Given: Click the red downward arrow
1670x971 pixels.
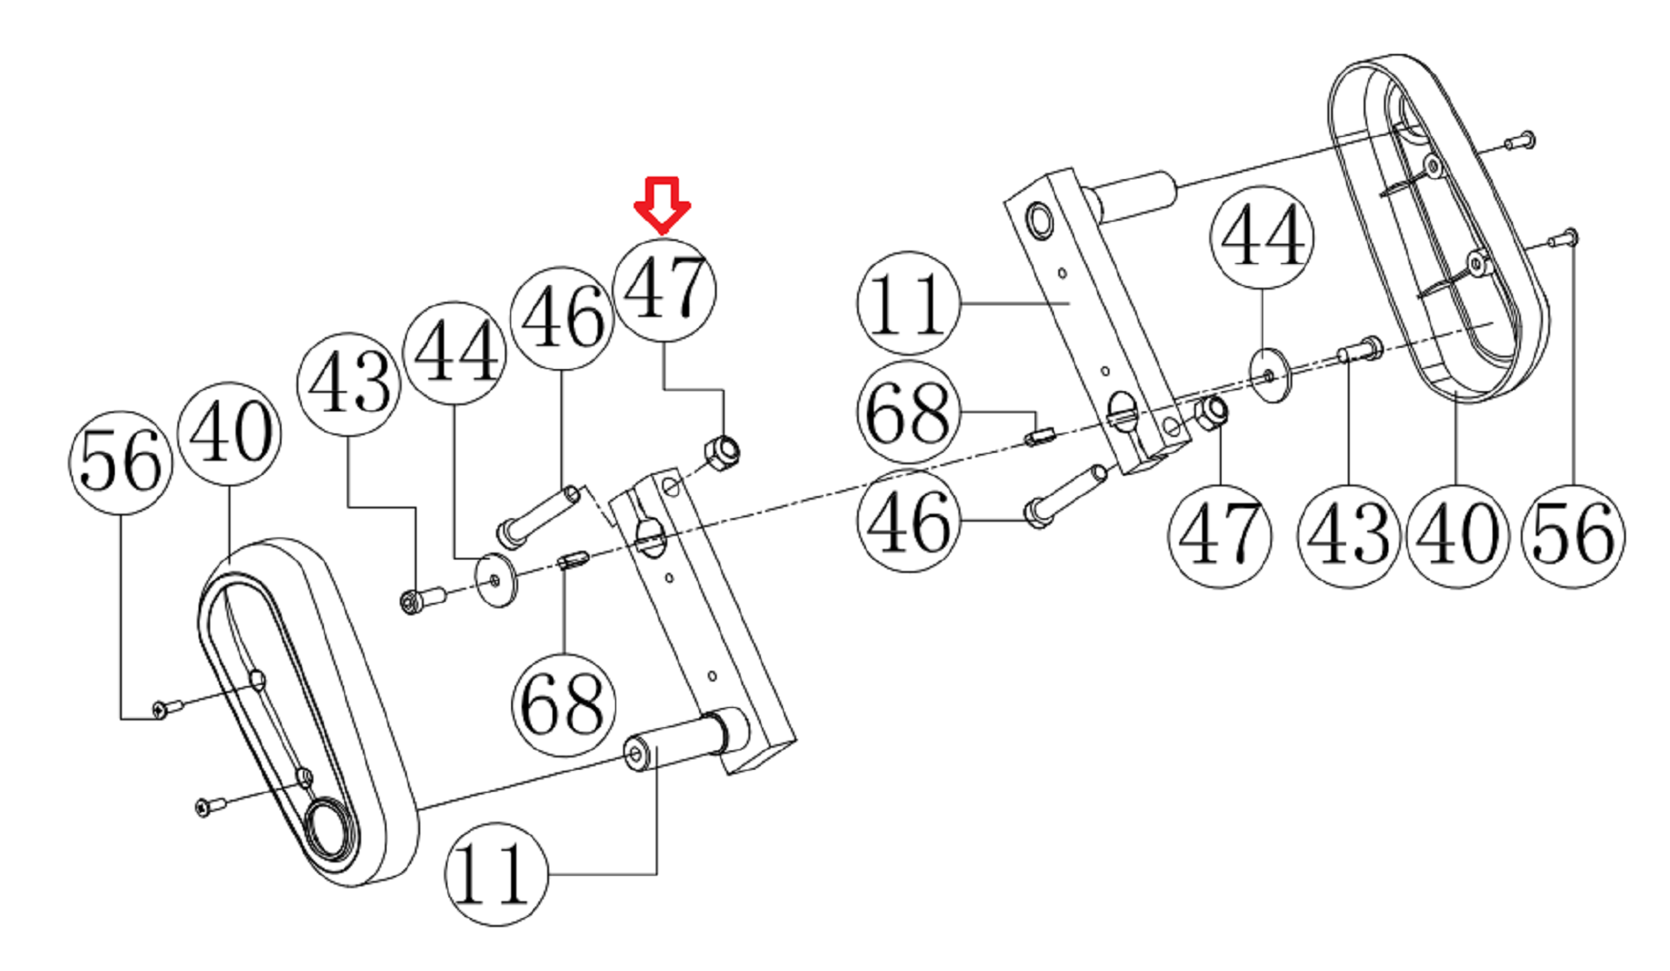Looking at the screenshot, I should click(662, 203).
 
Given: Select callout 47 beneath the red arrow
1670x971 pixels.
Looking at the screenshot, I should click(664, 290).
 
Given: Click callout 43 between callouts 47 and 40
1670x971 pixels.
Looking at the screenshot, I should click(1349, 535).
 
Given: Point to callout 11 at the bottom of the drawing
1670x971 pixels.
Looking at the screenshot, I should click(496, 874).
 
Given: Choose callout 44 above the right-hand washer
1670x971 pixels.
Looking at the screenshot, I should click(1261, 237).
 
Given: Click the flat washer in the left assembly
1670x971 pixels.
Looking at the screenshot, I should click(496, 580).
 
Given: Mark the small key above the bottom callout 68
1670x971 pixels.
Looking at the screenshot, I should click(574, 561).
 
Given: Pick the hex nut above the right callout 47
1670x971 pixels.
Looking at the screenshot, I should click(1211, 413).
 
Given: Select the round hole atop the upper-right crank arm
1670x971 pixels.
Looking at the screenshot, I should click(1039, 219).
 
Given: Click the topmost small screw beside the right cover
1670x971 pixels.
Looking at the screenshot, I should click(1520, 140).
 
